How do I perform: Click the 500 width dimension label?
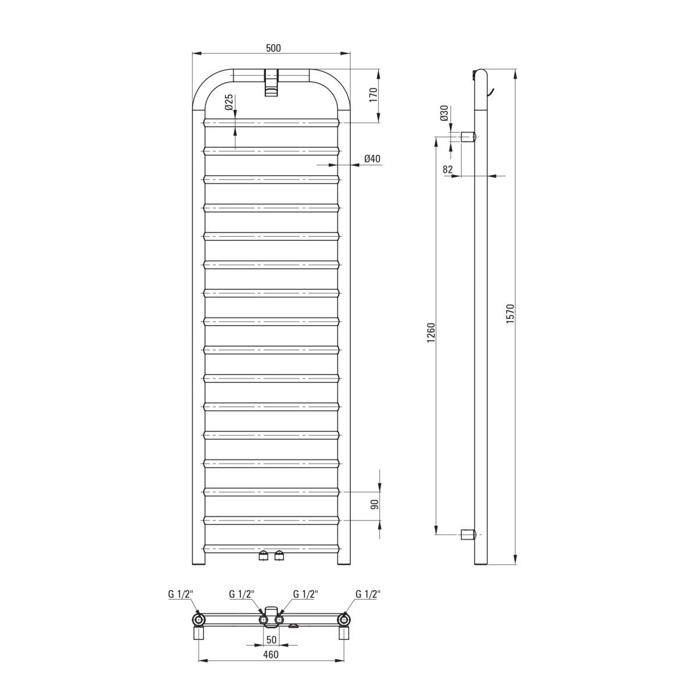[273, 48]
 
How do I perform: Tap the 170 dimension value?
[373, 95]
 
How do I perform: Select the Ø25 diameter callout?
[228, 102]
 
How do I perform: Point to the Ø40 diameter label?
[372, 159]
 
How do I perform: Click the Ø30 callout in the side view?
[444, 113]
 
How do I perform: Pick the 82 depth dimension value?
[448, 169]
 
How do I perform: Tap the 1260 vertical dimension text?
[430, 333]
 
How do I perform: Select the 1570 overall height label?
[510, 314]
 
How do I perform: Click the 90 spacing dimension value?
[375, 504]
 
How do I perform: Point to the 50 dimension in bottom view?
[271, 640]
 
